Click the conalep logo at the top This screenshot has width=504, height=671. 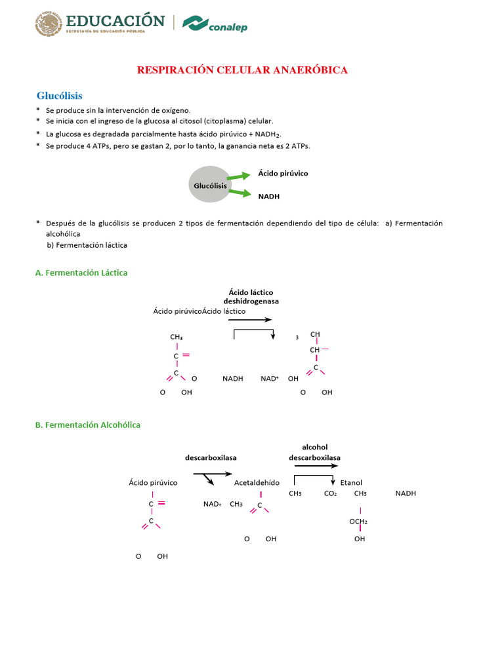(x=215, y=24)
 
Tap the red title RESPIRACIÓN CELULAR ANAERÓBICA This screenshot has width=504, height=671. (x=242, y=69)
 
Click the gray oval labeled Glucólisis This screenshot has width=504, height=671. (x=210, y=185)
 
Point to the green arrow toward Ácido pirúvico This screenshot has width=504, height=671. (x=238, y=176)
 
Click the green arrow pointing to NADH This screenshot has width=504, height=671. (x=238, y=193)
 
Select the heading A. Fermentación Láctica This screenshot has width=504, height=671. (x=81, y=273)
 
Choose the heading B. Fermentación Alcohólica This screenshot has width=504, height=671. (x=87, y=425)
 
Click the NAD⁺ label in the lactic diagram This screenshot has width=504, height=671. (x=270, y=379)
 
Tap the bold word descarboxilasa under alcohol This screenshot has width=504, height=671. (x=314, y=457)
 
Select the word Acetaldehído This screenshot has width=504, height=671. (x=257, y=482)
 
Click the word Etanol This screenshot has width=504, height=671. (x=351, y=482)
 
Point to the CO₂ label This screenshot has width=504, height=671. (x=330, y=493)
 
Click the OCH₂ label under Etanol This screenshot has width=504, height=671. (x=358, y=522)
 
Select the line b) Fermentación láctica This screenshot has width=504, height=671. (x=87, y=245)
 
